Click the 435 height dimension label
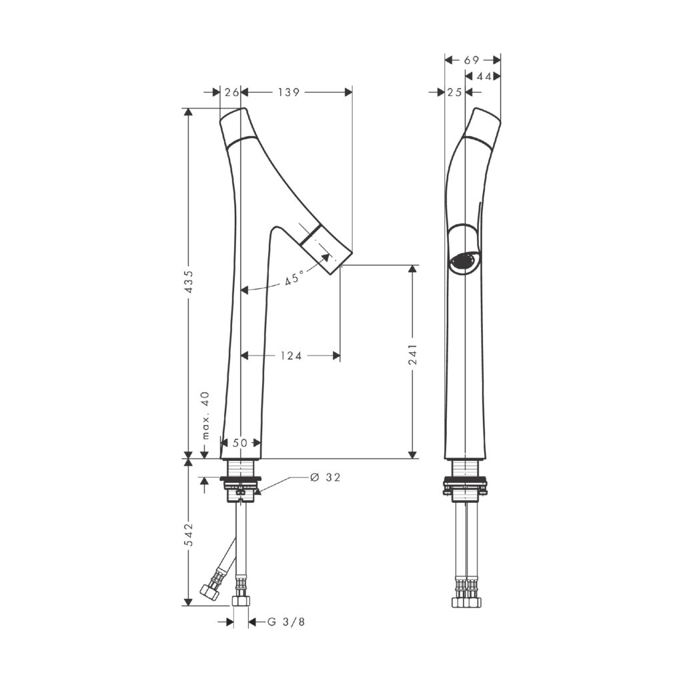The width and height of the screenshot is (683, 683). [189, 282]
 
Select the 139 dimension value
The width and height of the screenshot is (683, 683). [289, 92]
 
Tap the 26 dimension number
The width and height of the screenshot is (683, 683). [231, 92]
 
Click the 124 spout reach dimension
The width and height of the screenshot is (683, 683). [291, 356]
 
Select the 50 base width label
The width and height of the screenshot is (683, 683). [239, 443]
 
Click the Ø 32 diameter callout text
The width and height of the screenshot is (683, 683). [325, 478]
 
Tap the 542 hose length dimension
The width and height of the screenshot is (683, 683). [189, 534]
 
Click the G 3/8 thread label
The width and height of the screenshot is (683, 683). [285, 622]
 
